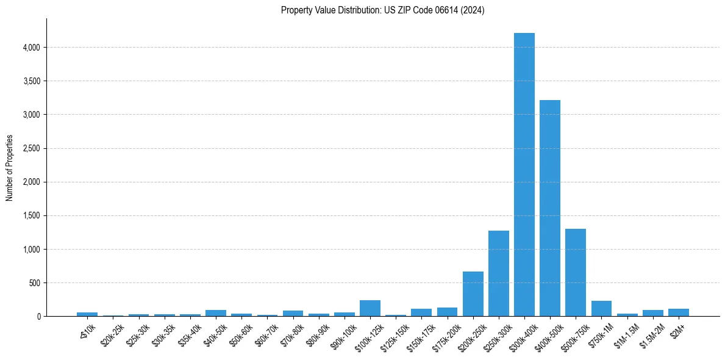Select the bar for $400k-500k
click(550, 208)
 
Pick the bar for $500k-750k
click(576, 272)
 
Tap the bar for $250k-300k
click(499, 273)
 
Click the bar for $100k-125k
click(370, 308)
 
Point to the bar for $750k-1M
click(601, 309)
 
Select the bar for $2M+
click(679, 312)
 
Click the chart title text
click(383, 10)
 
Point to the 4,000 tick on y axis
click(32, 48)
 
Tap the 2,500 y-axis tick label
click(32, 148)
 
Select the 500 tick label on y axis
click(35, 283)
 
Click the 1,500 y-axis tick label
click(32, 216)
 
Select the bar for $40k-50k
click(216, 313)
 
